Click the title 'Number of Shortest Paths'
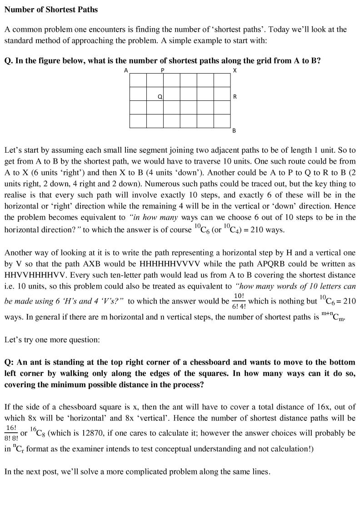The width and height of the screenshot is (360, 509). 51,9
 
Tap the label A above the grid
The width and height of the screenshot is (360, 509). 126,70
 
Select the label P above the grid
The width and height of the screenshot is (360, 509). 163,70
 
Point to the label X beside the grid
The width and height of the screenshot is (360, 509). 235,70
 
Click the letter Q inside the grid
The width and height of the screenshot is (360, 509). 160,97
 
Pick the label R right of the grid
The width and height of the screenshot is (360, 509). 235,97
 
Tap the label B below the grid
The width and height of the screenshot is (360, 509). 234,131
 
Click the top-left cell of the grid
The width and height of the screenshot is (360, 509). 138,80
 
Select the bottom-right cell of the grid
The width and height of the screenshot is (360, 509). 222,121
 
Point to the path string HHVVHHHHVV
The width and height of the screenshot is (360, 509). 37,275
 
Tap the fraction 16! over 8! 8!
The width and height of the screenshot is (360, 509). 11,433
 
